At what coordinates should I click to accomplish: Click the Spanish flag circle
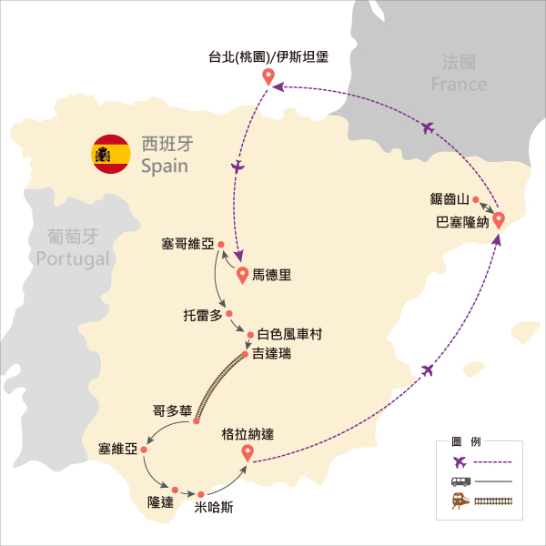pyautogui.click(x=111, y=154)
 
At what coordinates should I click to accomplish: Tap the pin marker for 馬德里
pyautogui.click(x=242, y=275)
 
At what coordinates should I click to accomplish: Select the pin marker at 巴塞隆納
pyautogui.click(x=499, y=220)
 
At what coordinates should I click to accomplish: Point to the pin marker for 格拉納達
pyautogui.click(x=248, y=453)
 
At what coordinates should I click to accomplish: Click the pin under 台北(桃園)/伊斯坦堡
pyautogui.click(x=268, y=76)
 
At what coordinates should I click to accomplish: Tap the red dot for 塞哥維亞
pyautogui.click(x=221, y=245)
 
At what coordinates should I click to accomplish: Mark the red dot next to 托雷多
pyautogui.click(x=229, y=314)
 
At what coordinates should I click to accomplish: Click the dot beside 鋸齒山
pyautogui.click(x=476, y=199)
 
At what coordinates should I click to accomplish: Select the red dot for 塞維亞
pyautogui.click(x=144, y=450)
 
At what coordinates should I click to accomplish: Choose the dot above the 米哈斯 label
pyautogui.click(x=200, y=494)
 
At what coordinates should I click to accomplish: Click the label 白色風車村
pyautogui.click(x=289, y=334)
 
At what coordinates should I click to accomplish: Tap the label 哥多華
pyautogui.click(x=172, y=411)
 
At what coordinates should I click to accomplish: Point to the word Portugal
pyautogui.click(x=73, y=259)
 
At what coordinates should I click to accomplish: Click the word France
pyautogui.click(x=459, y=85)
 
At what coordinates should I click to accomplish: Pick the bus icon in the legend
pyautogui.click(x=460, y=481)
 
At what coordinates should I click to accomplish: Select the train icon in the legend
pyautogui.click(x=460, y=500)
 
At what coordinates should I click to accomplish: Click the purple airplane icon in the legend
pyautogui.click(x=460, y=462)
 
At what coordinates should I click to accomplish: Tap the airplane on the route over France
pyautogui.click(x=428, y=127)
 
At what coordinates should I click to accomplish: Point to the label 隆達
pyautogui.click(x=160, y=502)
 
